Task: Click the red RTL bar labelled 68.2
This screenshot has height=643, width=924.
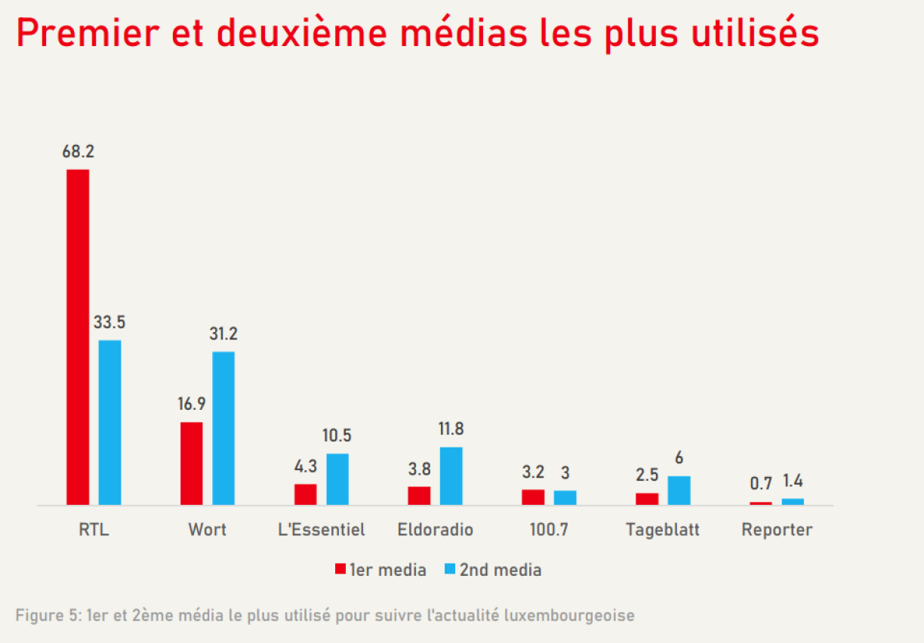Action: click(78, 337)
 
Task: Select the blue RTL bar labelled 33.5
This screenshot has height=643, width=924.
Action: click(109, 422)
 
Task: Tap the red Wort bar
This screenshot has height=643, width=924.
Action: click(192, 463)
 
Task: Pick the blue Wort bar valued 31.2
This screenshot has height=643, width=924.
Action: click(223, 428)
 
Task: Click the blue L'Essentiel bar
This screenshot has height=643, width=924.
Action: click(337, 478)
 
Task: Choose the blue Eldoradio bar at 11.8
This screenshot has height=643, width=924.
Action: click(451, 475)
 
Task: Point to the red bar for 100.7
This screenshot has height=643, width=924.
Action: click(533, 497)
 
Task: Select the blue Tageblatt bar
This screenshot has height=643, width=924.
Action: click(679, 490)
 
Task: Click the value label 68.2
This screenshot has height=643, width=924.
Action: click(78, 152)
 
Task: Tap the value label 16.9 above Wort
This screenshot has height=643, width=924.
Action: click(192, 404)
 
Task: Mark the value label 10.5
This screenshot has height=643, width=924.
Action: click(337, 435)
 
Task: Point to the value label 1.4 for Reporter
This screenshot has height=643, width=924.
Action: click(793, 481)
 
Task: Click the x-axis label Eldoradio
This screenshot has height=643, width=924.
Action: click(436, 530)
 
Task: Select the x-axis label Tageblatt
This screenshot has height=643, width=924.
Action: click(663, 530)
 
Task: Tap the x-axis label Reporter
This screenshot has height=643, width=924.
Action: click(777, 530)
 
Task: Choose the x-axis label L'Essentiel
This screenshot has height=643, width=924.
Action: click(322, 530)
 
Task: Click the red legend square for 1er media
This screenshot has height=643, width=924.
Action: click(340, 570)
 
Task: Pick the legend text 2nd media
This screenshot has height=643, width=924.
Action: click(500, 570)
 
